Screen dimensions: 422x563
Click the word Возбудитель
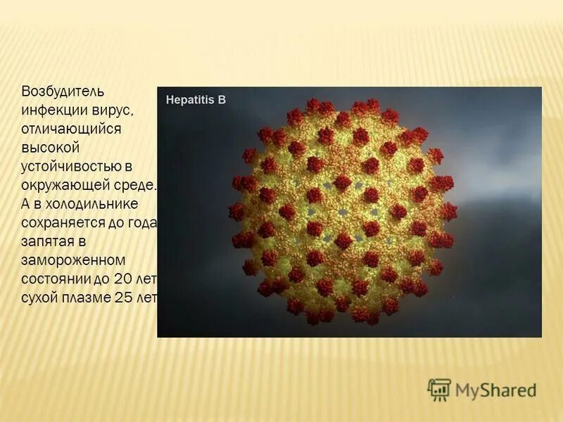tap(63, 92)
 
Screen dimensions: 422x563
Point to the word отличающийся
tap(72, 129)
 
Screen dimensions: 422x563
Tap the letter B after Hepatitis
tap(222, 100)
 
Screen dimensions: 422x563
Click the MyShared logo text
tap(495, 390)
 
